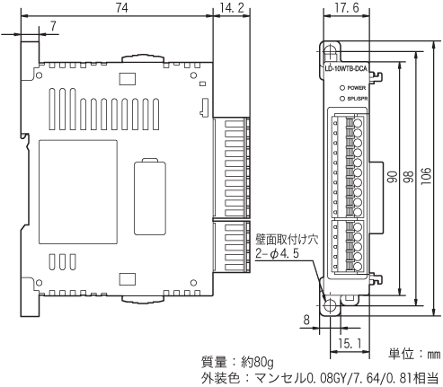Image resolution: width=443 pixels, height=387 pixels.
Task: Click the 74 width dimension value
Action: tap(120, 8)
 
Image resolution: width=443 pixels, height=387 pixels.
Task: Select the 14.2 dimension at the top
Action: tap(230, 8)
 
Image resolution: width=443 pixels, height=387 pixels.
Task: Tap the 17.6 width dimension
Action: tap(340, 8)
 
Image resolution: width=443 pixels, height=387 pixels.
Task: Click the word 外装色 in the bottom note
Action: tap(219, 378)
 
